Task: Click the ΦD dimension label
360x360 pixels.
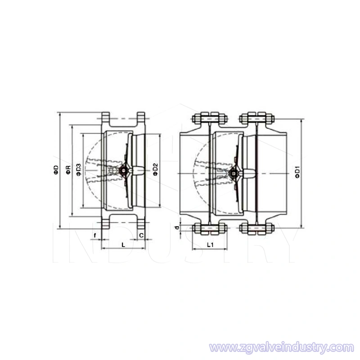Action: point(56,170)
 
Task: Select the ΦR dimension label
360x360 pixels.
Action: point(68,170)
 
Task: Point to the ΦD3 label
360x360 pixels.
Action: point(78,170)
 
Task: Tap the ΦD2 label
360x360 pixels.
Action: point(155,170)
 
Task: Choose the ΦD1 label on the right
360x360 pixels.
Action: point(297,172)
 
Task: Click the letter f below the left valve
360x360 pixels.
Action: point(95,235)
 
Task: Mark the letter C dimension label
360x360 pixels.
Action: point(141,235)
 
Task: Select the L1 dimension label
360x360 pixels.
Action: point(210,244)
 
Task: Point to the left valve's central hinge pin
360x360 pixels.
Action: point(122,171)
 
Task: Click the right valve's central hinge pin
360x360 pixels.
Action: point(233,172)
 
